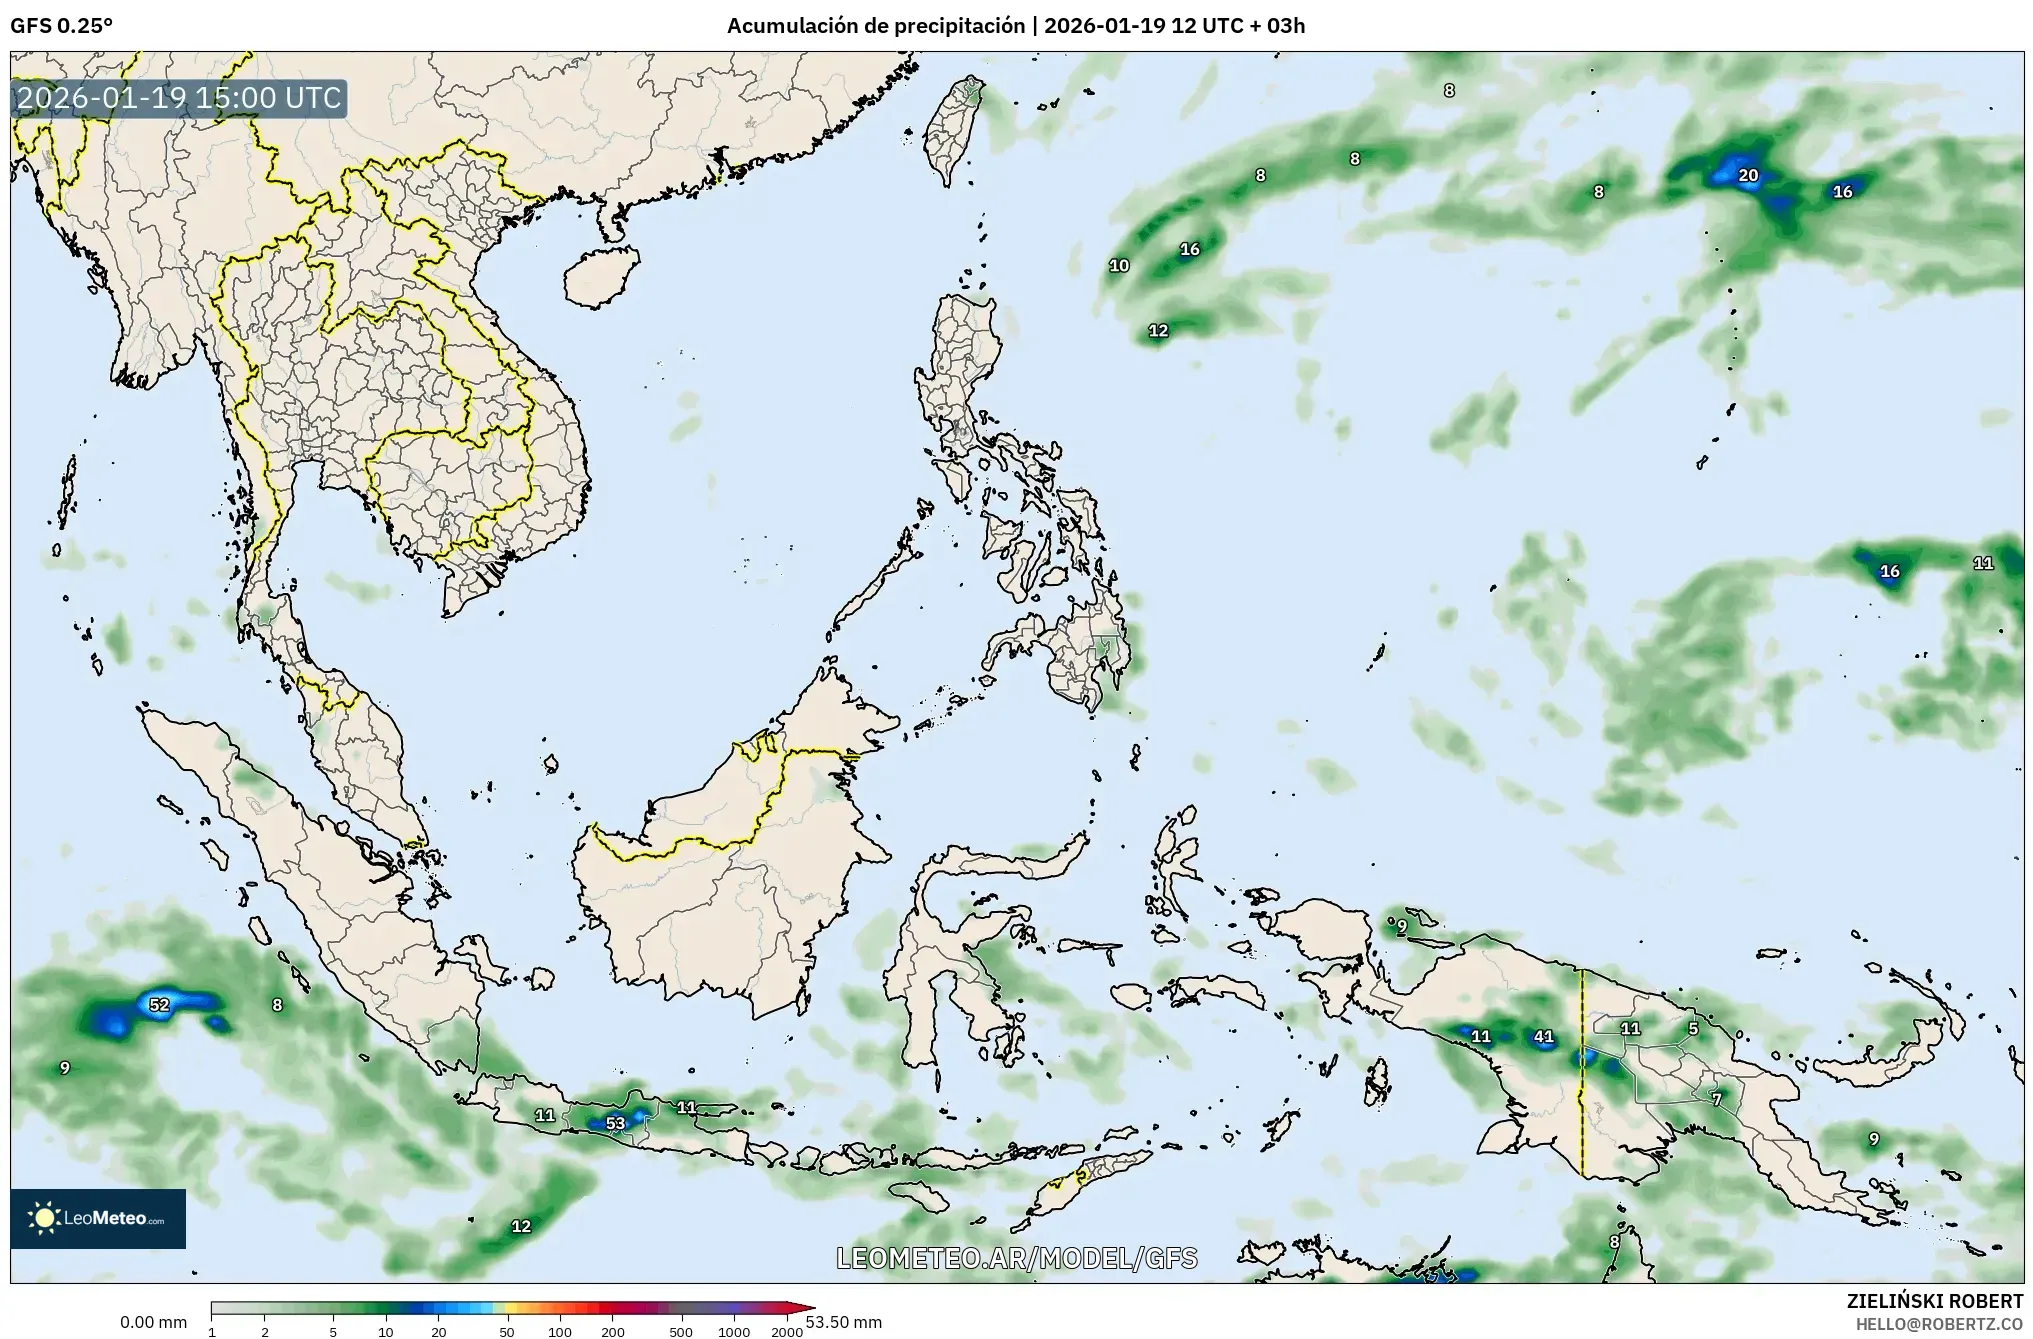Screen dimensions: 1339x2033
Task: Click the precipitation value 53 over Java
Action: pyautogui.click(x=615, y=1123)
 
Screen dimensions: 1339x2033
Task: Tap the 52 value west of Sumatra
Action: pyautogui.click(x=159, y=1004)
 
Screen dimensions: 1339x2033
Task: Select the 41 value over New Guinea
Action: pyautogui.click(x=1543, y=1037)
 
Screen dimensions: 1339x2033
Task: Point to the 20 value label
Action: pyautogui.click(x=1748, y=176)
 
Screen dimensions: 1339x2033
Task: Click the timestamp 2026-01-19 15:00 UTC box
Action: pyautogui.click(x=179, y=98)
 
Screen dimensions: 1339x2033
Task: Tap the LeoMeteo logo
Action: pyautogui.click(x=98, y=1218)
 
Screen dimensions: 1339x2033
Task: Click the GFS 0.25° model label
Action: pyautogui.click(x=61, y=26)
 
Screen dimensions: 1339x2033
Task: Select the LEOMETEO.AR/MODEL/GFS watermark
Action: pyautogui.click(x=1016, y=1258)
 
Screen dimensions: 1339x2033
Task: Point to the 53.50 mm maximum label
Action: pyautogui.click(x=843, y=1322)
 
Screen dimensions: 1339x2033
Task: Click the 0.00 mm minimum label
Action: pyautogui.click(x=153, y=1322)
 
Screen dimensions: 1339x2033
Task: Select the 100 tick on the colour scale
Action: pyautogui.click(x=560, y=1332)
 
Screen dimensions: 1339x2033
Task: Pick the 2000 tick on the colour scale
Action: pyautogui.click(x=787, y=1332)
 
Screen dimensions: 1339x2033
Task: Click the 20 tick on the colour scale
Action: pyautogui.click(x=438, y=1332)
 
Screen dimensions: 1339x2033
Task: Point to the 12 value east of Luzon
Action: pyautogui.click(x=1158, y=330)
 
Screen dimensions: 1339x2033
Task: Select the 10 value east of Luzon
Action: pyautogui.click(x=1119, y=265)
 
